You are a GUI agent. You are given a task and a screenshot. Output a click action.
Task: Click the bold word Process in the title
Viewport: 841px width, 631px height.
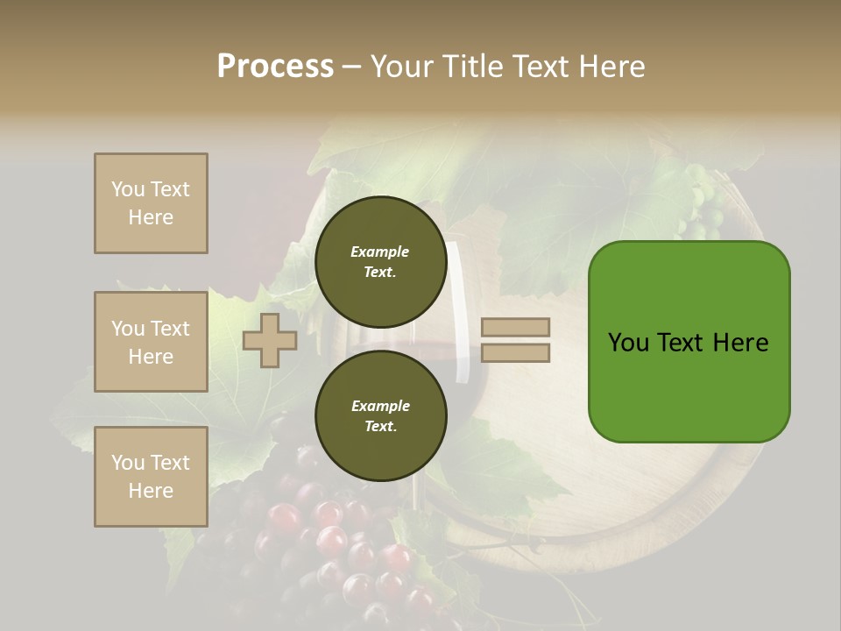click(x=275, y=67)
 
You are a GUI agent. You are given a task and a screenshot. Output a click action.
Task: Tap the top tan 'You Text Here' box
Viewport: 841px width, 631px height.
click(x=151, y=203)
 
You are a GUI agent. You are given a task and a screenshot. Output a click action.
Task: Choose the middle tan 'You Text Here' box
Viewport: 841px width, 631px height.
click(x=151, y=342)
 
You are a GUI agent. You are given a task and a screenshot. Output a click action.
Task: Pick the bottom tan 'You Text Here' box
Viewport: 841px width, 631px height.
click(x=151, y=477)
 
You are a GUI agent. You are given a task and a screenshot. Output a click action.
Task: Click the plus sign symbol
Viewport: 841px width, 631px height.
click(x=270, y=340)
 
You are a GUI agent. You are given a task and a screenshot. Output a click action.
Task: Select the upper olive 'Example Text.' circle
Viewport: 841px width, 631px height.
click(x=380, y=261)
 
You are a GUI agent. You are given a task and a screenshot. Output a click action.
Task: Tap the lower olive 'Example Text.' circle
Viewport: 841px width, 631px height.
click(x=380, y=415)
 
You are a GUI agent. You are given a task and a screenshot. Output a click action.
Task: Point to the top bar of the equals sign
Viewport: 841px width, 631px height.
click(x=516, y=327)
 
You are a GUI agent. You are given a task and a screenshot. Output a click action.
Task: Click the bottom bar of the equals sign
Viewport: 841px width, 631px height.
click(x=516, y=353)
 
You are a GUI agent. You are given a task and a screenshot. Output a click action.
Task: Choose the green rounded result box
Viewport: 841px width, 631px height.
click(x=689, y=386)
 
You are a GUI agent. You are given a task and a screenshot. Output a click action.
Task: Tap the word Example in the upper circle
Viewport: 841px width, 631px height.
click(x=380, y=252)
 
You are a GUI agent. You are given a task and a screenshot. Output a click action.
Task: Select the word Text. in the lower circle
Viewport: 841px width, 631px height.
click(x=380, y=427)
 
